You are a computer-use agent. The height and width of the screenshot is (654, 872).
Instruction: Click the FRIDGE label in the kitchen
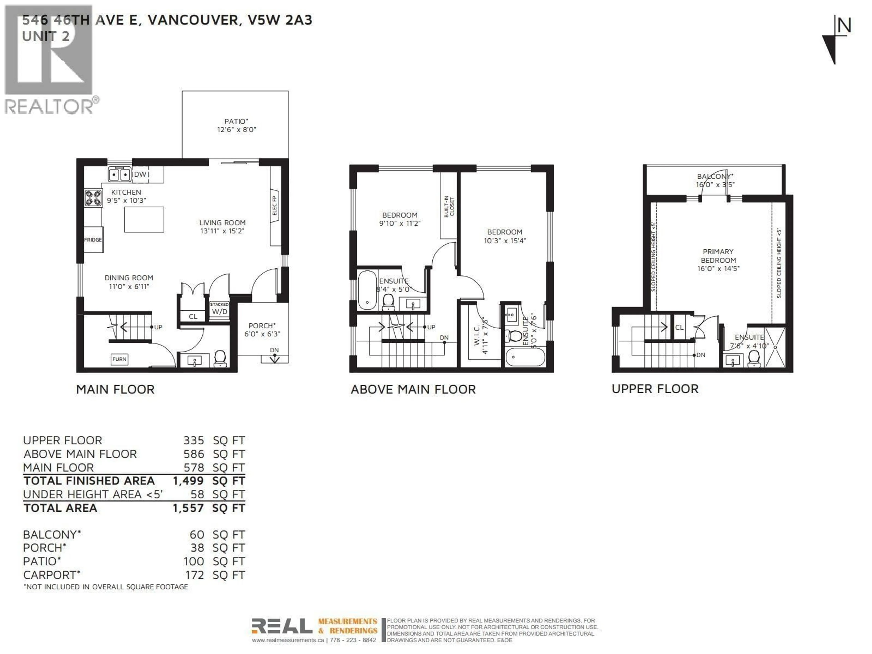[93, 240]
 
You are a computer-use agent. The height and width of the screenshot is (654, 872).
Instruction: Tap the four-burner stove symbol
[93, 198]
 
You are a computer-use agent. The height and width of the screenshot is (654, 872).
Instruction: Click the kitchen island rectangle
[144, 220]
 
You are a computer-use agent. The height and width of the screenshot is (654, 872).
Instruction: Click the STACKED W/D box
[219, 310]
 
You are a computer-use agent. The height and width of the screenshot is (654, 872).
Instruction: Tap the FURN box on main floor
[119, 359]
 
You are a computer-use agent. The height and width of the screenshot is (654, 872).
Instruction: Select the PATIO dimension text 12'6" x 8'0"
[237, 130]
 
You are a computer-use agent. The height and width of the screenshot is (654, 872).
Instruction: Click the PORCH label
[262, 326]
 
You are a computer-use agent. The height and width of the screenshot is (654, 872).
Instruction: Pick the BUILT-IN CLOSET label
[449, 207]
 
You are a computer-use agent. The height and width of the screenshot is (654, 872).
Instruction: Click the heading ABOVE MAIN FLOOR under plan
[413, 389]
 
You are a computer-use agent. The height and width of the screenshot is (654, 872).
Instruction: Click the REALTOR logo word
[49, 107]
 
